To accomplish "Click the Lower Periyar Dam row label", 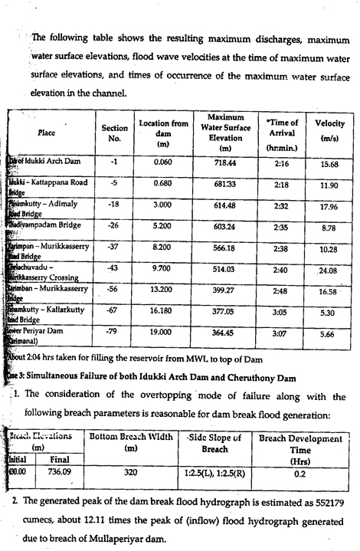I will pos(38,339).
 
